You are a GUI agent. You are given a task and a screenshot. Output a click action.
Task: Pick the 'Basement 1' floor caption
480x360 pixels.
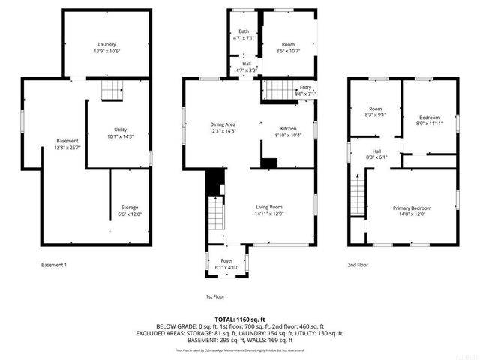pos(54,265)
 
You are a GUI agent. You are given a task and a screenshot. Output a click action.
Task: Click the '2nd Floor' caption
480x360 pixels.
pos(358,265)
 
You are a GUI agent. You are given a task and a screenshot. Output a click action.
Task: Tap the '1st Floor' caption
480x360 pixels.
pos(215,296)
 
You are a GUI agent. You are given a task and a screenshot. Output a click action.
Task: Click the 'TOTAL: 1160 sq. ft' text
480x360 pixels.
pos(239,319)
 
